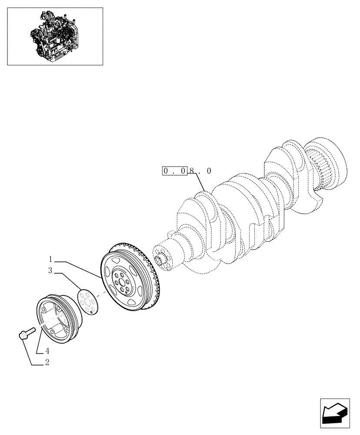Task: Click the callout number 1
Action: pyautogui.click(x=50, y=258)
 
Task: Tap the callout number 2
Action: pyautogui.click(x=47, y=362)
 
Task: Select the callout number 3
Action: pyautogui.click(x=50, y=271)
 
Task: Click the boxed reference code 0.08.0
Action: pyautogui.click(x=187, y=171)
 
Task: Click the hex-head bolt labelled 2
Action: pyautogui.click(x=26, y=334)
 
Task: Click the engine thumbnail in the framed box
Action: pyautogui.click(x=55, y=36)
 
